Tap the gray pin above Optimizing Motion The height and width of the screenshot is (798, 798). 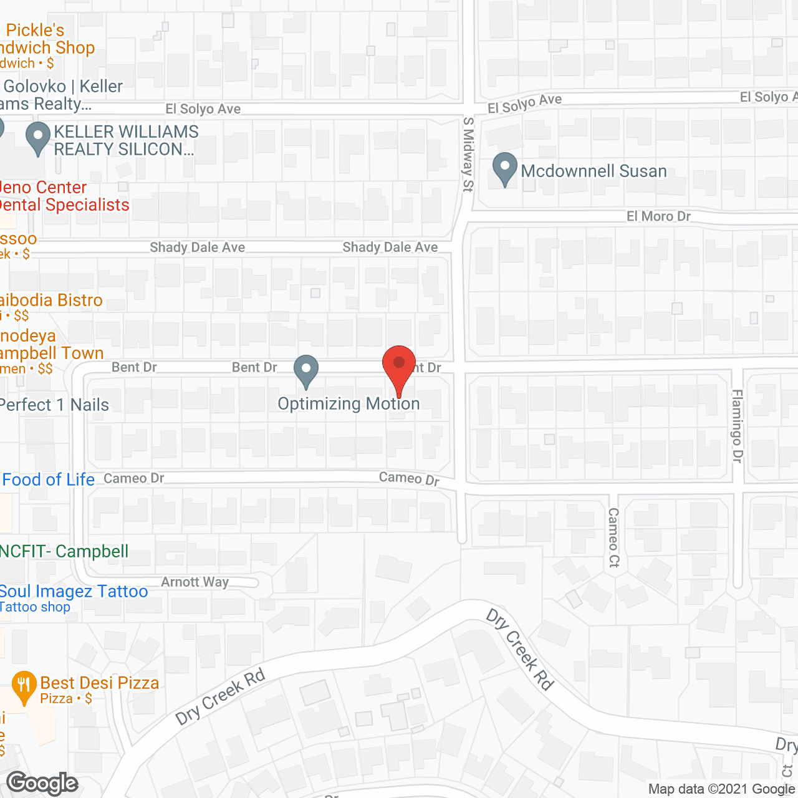click(305, 370)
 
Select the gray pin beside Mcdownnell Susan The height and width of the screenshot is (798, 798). click(505, 168)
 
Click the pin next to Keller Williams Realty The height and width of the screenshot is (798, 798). click(38, 138)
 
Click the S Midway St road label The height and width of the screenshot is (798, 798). click(468, 154)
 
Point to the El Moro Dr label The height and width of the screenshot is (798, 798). click(658, 216)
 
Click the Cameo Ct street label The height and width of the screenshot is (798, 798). click(613, 537)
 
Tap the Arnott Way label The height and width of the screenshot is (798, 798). click(195, 582)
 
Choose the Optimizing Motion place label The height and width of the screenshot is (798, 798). click(349, 404)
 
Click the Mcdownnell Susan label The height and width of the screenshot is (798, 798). click(594, 171)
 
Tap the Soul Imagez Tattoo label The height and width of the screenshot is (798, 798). click(74, 591)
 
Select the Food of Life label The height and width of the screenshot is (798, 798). click(48, 479)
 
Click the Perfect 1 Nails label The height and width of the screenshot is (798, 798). click(54, 405)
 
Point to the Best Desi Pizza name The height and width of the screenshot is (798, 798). click(100, 683)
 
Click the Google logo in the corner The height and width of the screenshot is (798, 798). click(42, 783)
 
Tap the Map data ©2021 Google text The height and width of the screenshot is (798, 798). click(721, 789)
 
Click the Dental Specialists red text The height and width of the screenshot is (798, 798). click(64, 204)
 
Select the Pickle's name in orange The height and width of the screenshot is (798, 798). click(35, 30)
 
